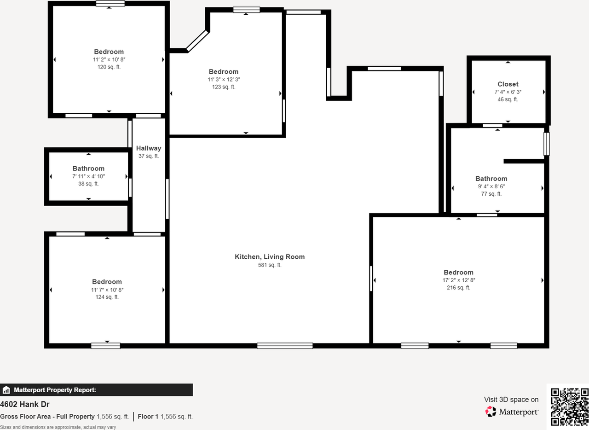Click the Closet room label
click(508, 84)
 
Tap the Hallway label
click(149, 148)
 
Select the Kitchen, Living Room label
click(270, 257)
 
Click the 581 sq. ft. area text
click(270, 265)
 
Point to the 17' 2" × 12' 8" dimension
click(458, 280)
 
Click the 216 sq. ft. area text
click(458, 288)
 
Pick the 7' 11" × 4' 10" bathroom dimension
click(88, 176)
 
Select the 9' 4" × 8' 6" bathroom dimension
click(491, 186)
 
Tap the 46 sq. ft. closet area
click(508, 99)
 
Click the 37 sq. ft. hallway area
click(149, 156)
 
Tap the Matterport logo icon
click(491, 411)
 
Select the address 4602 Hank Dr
click(25, 405)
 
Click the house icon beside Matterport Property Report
click(6, 390)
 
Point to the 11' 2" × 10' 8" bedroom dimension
click(109, 59)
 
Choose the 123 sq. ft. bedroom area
click(224, 87)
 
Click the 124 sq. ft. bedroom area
click(107, 297)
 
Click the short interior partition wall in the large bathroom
click(524, 161)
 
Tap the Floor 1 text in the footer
click(148, 417)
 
